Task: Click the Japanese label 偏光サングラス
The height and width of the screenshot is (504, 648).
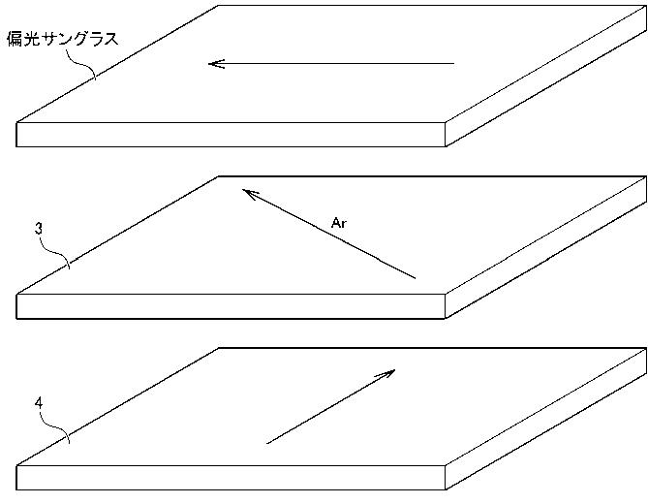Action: pos(63,40)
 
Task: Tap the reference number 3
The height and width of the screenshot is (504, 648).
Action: pos(39,229)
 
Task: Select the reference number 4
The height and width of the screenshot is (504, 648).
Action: pos(39,403)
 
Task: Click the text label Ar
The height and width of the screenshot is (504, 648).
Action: pos(338,223)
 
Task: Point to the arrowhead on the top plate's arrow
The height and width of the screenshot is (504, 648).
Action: pos(208,64)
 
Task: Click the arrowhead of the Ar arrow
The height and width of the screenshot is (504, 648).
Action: pos(243,190)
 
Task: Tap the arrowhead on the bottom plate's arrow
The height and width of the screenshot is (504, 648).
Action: pos(394,370)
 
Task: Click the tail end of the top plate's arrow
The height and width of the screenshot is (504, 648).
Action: pos(453,64)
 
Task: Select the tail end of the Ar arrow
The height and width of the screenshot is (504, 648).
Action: pos(415,278)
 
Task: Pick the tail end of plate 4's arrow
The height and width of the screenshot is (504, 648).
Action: pos(267,444)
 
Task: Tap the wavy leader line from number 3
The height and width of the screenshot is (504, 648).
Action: pos(56,253)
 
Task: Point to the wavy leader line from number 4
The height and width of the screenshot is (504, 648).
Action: pos(56,427)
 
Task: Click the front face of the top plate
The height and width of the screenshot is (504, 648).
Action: pos(231,135)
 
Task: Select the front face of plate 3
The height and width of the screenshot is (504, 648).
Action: pos(231,306)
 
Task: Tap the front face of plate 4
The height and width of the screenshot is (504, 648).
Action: pos(231,478)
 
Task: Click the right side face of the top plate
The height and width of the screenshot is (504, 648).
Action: pos(546,76)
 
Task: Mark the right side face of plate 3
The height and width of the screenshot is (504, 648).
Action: pos(546,248)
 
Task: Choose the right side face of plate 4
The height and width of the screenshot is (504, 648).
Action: pos(546,420)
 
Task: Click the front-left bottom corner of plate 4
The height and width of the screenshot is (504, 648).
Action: pos(16,489)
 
